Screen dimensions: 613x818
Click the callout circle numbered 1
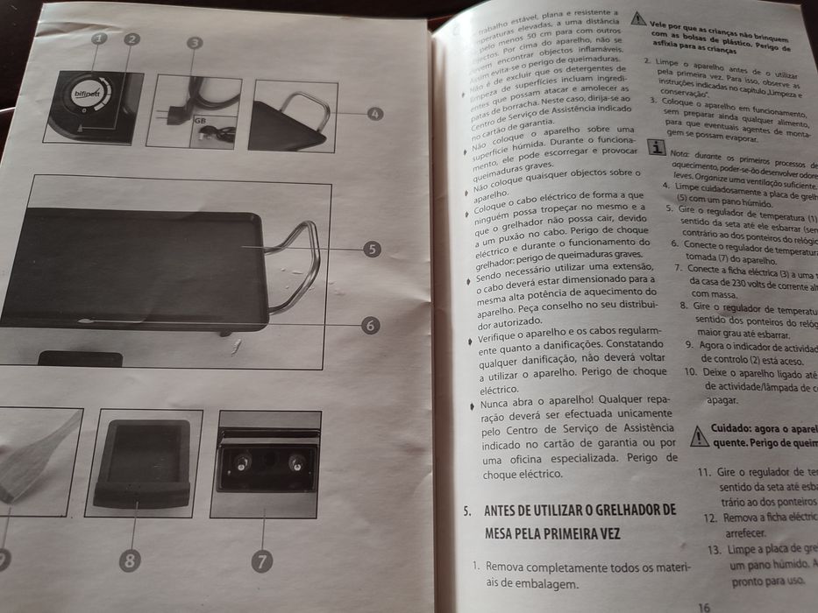pos(99,39)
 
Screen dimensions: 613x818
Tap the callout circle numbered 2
pos(132,39)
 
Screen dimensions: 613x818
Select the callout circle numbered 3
pos(195,42)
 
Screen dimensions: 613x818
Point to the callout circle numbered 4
pos(375,114)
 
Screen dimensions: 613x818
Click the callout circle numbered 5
pos(372,250)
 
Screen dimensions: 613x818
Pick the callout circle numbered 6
pos(370,325)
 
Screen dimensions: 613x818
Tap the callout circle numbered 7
pos(262,560)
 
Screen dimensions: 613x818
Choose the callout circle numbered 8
pos(130,561)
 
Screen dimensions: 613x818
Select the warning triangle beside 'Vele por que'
pos(638,18)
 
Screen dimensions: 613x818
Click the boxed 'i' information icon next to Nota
pos(653,148)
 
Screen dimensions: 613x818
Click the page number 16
pos(704,606)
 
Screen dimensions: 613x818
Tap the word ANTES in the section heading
pos(506,510)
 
